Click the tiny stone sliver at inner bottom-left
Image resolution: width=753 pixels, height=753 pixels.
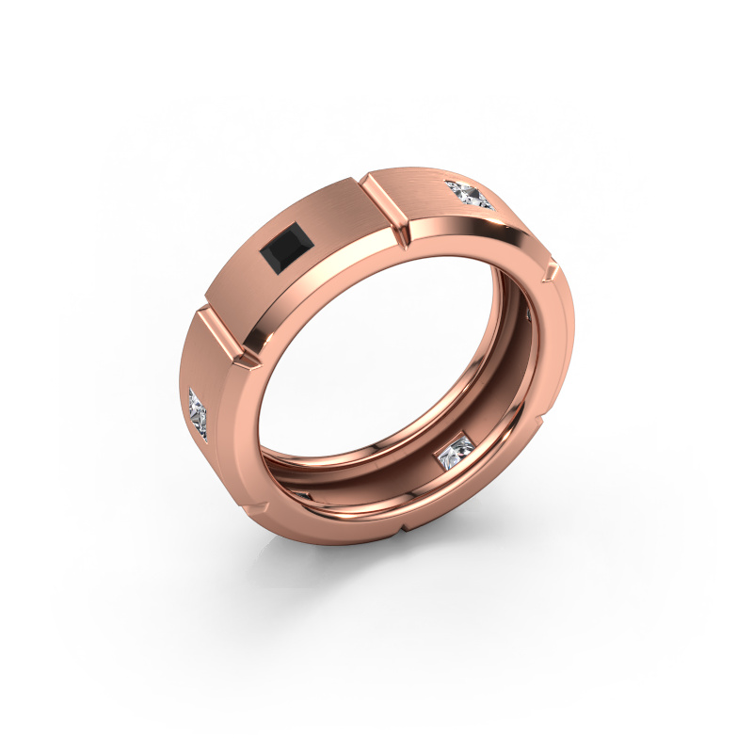click(299, 492)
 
